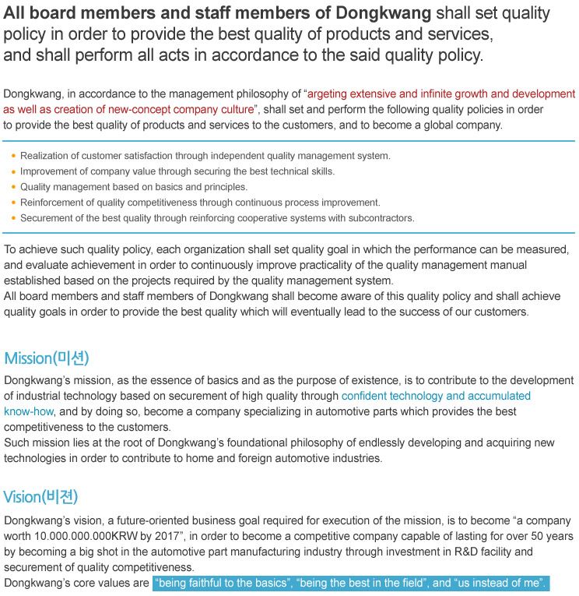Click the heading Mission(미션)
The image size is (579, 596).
pyautogui.click(x=47, y=358)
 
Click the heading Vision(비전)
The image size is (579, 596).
pyautogui.click(x=40, y=497)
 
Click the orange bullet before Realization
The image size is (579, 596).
pyautogui.click(x=13, y=156)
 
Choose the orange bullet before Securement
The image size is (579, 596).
pyautogui.click(x=13, y=218)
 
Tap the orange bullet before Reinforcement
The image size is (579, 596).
pyautogui.click(x=13, y=203)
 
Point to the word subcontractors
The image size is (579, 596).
pyautogui.click(x=381, y=218)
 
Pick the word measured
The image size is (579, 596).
pyautogui.click(x=542, y=249)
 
